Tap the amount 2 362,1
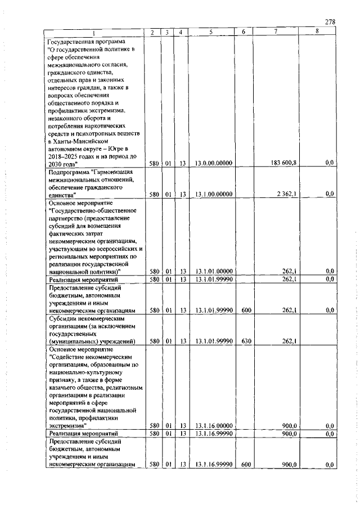(x=288, y=194)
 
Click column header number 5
(x=210, y=33)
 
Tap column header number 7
(x=276, y=33)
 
